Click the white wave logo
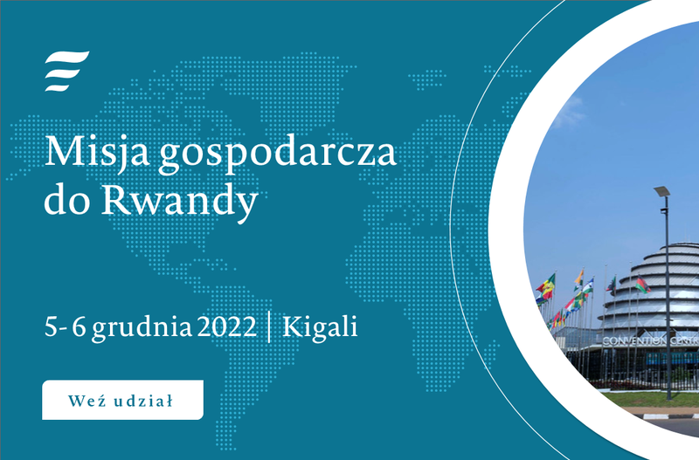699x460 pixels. click(x=67, y=72)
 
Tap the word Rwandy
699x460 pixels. click(x=180, y=202)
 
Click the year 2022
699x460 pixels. click(x=227, y=326)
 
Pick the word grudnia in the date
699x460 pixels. click(x=142, y=328)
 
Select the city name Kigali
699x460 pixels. click(x=320, y=327)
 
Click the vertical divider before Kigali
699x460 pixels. click(x=269, y=326)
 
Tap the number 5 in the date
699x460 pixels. click(x=52, y=326)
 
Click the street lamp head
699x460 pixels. click(x=662, y=191)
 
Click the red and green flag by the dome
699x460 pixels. click(x=642, y=285)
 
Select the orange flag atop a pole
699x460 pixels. click(x=579, y=278)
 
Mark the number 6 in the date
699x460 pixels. click(x=79, y=326)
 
